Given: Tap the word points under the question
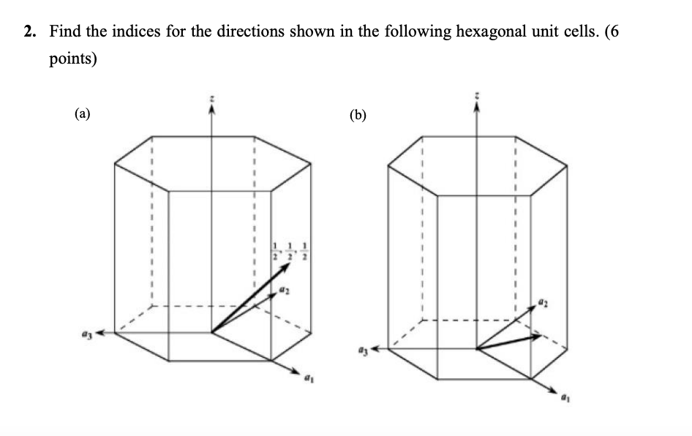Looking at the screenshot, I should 73,58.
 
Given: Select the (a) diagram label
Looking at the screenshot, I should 83,113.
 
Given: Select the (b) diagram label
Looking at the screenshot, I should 358,114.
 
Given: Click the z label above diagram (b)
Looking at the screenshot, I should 477,95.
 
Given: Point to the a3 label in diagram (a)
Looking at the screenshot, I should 84,333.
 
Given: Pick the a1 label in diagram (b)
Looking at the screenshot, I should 564,401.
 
